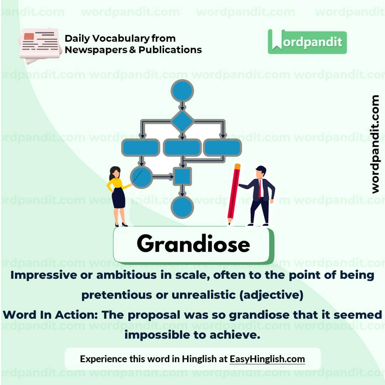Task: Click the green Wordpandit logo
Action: click(307, 42)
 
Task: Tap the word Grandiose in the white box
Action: click(193, 244)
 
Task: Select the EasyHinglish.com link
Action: click(267, 359)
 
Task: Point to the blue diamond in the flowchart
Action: click(182, 121)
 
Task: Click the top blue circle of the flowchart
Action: click(182, 91)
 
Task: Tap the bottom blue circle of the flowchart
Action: click(182, 207)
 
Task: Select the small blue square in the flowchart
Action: click(182, 176)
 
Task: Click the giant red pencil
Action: click(233, 194)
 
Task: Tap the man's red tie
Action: click(260, 188)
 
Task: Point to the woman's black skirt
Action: click(118, 198)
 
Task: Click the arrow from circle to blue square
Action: click(163, 176)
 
